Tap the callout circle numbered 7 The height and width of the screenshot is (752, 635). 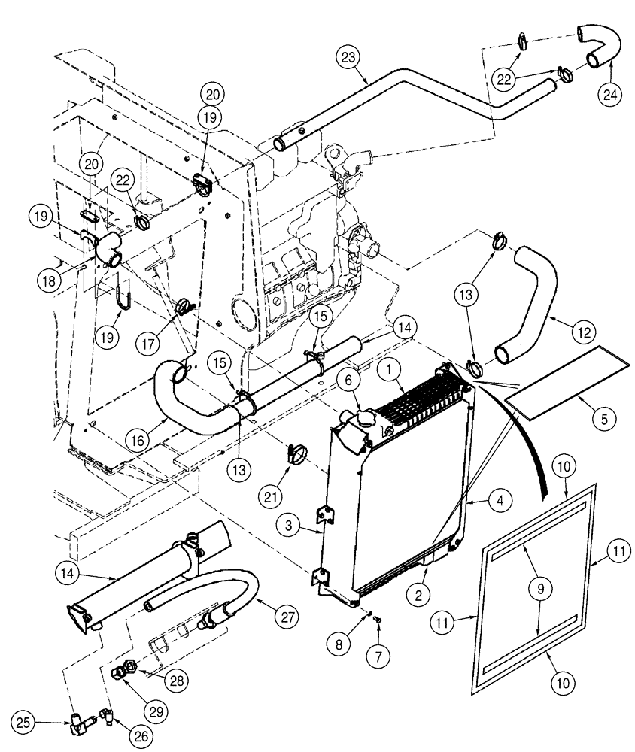pos(378,654)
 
